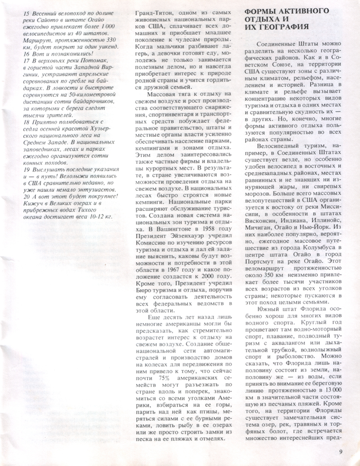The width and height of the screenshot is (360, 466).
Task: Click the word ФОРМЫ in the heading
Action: click(258, 11)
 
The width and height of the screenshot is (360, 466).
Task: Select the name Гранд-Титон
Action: click(152, 12)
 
